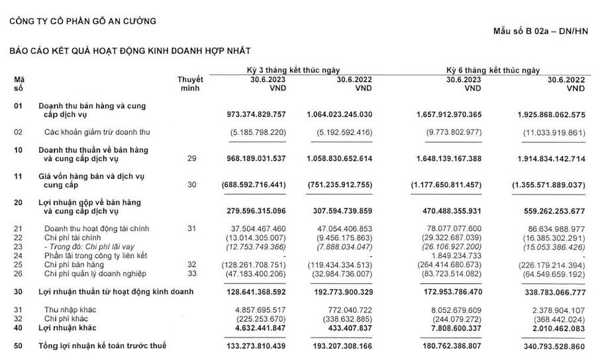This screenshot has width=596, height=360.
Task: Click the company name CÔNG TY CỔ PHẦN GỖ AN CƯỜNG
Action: [83, 21]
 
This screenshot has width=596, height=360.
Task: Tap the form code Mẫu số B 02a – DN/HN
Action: [540, 32]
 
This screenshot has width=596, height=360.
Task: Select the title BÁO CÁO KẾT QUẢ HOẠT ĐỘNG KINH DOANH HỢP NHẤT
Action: [129, 51]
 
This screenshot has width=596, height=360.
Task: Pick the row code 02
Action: [19, 132]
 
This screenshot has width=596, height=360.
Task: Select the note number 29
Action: [192, 159]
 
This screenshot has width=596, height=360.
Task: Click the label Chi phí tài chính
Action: [73, 237]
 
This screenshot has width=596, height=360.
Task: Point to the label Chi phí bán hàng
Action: [74, 264]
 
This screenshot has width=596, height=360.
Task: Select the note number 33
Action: [192, 273]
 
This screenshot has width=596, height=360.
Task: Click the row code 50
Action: [19, 346]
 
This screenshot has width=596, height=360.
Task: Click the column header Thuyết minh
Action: [190, 83]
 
